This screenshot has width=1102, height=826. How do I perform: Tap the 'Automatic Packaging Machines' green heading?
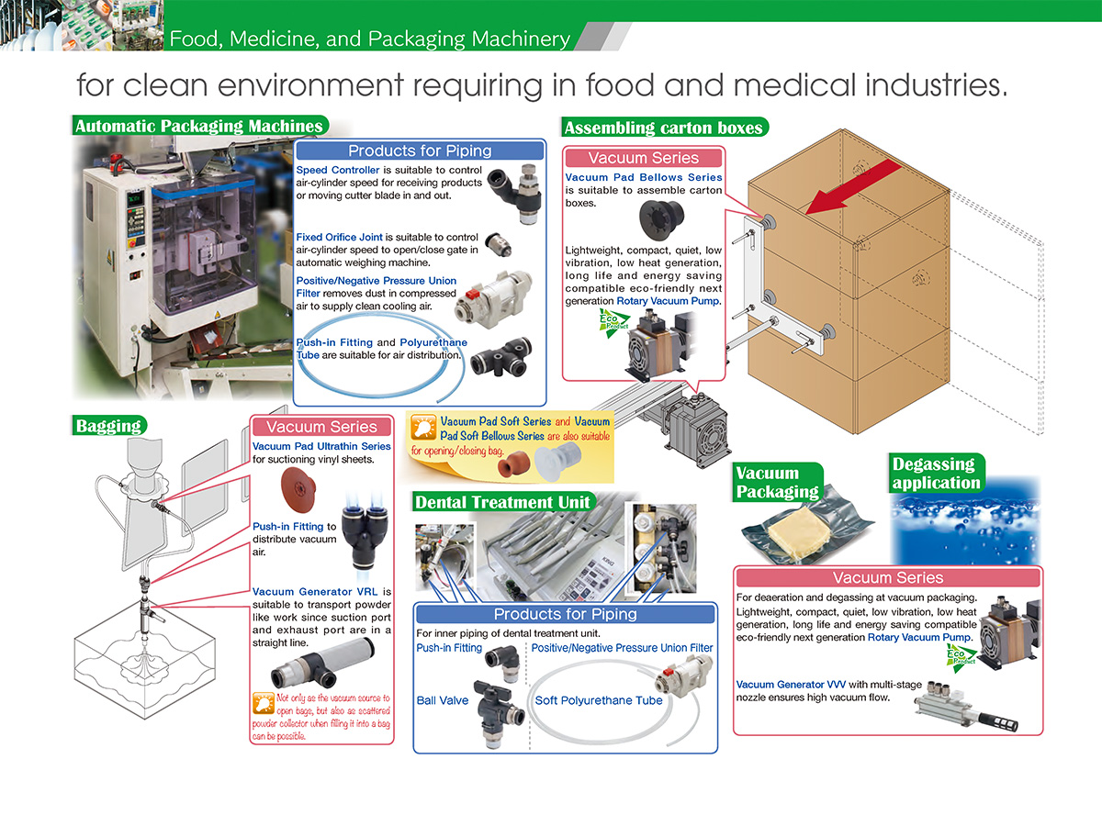click(x=198, y=127)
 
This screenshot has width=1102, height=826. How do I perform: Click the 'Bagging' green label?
click(x=108, y=425)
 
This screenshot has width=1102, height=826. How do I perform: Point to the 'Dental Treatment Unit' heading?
click(x=502, y=502)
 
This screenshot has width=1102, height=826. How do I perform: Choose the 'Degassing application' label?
click(x=936, y=473)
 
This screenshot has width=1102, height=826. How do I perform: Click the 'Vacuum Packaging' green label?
click(x=777, y=482)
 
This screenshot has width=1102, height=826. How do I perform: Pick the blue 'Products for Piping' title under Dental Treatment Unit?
click(x=565, y=614)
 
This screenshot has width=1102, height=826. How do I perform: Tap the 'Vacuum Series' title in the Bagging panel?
click(x=321, y=427)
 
